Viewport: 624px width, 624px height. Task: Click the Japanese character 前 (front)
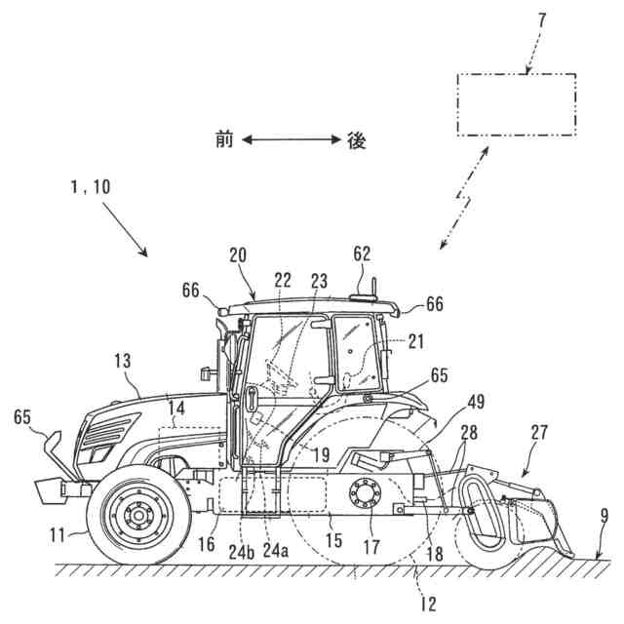point(224,140)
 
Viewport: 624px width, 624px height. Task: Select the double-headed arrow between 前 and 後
point(290,140)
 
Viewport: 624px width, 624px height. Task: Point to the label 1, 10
point(89,186)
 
